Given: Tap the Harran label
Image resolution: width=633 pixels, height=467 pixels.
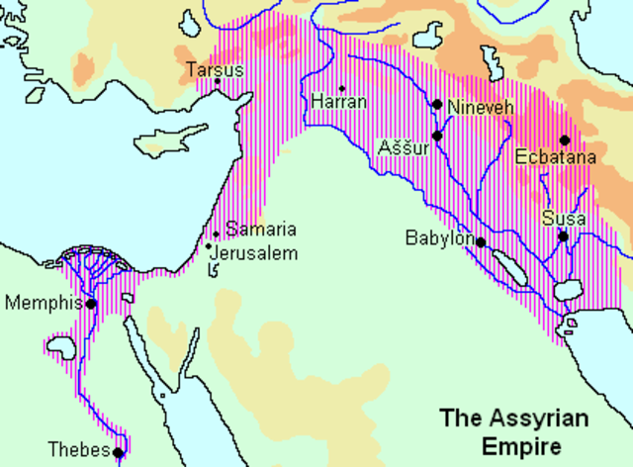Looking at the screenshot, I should pos(339,101).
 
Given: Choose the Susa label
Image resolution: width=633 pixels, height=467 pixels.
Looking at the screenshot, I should pos(563,218).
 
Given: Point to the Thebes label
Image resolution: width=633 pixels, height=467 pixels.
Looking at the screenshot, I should pos(82,451).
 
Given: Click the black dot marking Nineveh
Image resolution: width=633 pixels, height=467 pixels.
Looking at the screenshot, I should pos(436,104).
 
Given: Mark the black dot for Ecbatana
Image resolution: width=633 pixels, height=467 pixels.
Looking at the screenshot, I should pos(564,140).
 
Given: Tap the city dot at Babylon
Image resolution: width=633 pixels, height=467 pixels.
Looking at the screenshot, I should pos(480,241).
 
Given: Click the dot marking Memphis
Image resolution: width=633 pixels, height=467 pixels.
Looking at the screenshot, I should pos(91,304).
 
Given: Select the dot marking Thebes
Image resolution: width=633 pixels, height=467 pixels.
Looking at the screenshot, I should pos(118,453).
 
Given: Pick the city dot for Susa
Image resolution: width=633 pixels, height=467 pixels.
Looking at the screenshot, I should pos(562,236).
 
